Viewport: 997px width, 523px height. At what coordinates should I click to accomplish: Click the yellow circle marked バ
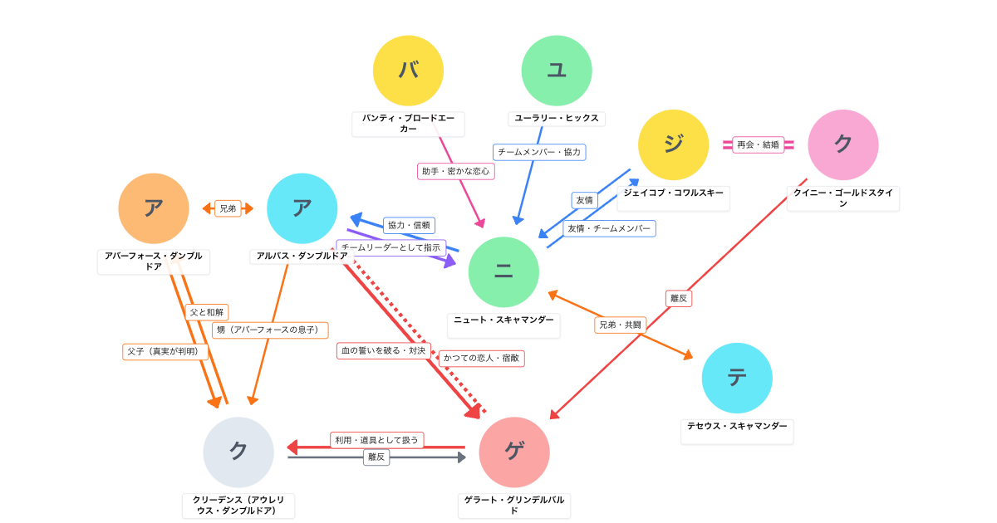pos(408,71)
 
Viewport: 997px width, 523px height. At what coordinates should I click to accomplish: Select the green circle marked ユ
pos(557,71)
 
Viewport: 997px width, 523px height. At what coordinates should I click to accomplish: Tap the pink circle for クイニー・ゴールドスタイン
pos(842,144)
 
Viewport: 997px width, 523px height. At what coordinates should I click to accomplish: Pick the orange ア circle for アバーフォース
pos(154,208)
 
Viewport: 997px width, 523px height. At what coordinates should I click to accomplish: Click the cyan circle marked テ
pos(737,378)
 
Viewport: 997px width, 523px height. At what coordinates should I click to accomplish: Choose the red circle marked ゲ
pos(514,452)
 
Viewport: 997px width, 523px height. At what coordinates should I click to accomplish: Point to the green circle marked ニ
pos(503,272)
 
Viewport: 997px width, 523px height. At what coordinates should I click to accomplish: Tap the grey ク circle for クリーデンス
pos(238,452)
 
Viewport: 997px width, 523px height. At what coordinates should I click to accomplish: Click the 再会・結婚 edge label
pos(758,144)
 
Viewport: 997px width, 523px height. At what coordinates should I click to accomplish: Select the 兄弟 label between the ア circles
pos(228,208)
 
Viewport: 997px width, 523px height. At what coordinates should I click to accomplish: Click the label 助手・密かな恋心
pos(456,171)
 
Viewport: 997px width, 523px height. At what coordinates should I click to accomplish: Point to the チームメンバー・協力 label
pos(539,152)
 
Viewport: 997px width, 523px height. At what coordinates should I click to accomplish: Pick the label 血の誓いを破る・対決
pos(384,350)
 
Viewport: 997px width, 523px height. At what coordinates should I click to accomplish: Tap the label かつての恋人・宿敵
pos(482,358)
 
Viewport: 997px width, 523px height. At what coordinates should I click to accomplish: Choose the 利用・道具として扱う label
pos(376,440)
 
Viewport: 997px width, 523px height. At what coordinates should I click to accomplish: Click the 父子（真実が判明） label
pos(165,351)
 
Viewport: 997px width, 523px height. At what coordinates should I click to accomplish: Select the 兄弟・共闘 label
pos(620,325)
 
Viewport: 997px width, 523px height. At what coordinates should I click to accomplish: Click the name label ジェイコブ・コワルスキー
pos(673,193)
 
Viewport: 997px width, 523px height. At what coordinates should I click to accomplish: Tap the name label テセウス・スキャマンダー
pos(737,426)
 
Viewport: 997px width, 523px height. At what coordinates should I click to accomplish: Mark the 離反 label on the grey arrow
pos(376,457)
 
